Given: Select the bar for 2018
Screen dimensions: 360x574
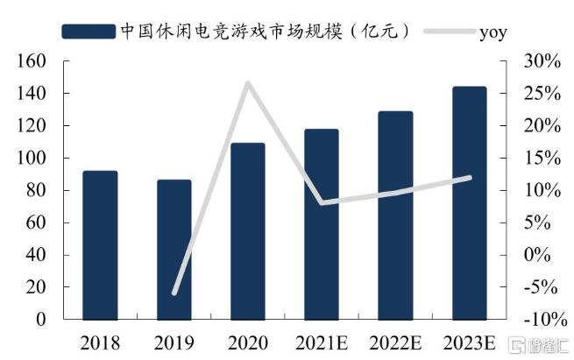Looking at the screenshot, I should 100,245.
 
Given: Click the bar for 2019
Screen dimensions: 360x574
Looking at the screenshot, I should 174,250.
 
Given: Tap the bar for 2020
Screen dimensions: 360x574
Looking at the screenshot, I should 248,231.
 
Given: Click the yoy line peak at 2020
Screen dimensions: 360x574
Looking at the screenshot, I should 247,84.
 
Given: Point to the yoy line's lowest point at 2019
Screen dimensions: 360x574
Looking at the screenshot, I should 174,293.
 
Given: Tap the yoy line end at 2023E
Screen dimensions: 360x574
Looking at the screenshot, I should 470,178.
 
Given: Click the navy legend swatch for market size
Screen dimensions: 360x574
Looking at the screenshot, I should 89,31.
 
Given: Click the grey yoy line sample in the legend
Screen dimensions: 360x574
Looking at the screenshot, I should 448,32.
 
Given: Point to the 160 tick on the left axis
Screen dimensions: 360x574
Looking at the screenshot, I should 32,61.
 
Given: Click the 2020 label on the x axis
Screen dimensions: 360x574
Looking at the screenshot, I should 248,340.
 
